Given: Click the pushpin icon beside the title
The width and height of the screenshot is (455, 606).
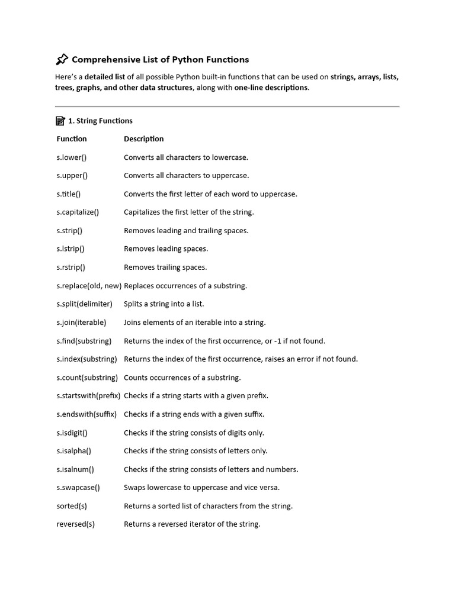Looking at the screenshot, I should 62,59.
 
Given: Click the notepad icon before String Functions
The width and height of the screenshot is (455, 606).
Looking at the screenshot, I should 60,121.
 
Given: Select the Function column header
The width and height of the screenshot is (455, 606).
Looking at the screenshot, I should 72,139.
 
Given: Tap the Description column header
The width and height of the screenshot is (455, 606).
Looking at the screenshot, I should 143,139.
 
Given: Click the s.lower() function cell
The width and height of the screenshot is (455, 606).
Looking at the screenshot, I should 72,157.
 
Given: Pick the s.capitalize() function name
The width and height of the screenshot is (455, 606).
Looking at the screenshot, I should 78,212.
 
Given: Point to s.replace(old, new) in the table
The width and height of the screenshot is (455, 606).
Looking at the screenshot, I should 89,286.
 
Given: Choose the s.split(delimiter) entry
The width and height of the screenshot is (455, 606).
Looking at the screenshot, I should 84,304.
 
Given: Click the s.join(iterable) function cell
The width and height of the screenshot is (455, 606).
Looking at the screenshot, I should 81,323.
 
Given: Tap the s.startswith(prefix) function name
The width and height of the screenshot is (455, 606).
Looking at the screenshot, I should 88,396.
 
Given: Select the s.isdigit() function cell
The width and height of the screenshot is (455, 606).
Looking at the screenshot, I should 74,433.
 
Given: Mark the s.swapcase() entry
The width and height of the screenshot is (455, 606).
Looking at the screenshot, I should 78,488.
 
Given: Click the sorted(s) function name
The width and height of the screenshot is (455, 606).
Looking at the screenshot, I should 72,506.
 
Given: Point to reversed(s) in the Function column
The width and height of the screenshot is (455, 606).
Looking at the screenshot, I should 75,524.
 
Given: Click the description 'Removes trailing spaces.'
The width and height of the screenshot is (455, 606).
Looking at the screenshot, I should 165,267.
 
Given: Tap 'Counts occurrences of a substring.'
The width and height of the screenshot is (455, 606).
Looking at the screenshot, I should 182,378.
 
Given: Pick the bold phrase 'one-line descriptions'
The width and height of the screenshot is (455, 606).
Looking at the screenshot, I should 271,88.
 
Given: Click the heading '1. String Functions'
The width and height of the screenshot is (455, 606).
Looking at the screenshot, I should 100,121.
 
